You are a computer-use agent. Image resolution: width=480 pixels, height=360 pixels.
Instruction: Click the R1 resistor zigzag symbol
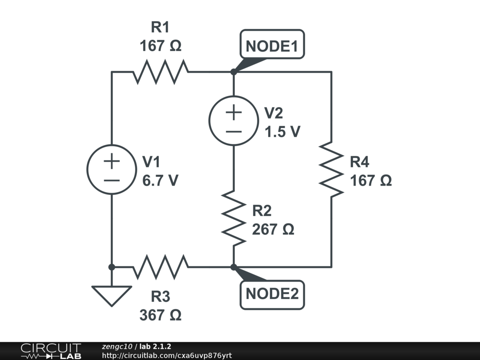[x=161, y=72]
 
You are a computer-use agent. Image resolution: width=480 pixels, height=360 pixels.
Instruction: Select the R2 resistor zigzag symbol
[x=233, y=218]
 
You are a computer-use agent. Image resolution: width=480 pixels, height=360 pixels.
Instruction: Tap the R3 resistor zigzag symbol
[x=161, y=267]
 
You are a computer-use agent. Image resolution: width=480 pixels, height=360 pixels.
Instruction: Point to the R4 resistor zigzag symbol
[x=331, y=169]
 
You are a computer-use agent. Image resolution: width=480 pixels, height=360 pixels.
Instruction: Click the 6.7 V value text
[x=160, y=180]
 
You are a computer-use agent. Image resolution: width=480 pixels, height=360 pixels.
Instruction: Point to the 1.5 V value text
[x=282, y=132]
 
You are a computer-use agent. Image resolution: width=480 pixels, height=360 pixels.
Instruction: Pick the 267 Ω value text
[x=273, y=229]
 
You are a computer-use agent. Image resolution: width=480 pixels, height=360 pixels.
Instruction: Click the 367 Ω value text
[x=160, y=315]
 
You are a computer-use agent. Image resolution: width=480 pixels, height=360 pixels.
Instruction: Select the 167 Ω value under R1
[x=160, y=46]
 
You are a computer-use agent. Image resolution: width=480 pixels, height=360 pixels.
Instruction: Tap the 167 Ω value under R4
[x=371, y=180]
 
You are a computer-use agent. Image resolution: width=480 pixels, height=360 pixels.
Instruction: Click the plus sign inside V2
[x=233, y=112]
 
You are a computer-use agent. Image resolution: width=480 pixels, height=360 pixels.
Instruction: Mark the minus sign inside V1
[x=112, y=180]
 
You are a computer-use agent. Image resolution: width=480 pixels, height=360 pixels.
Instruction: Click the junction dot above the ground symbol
[x=112, y=267]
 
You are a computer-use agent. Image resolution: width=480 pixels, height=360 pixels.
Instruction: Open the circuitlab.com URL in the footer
[x=167, y=355]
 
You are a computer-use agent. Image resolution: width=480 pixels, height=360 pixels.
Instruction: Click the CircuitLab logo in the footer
[x=51, y=351]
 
